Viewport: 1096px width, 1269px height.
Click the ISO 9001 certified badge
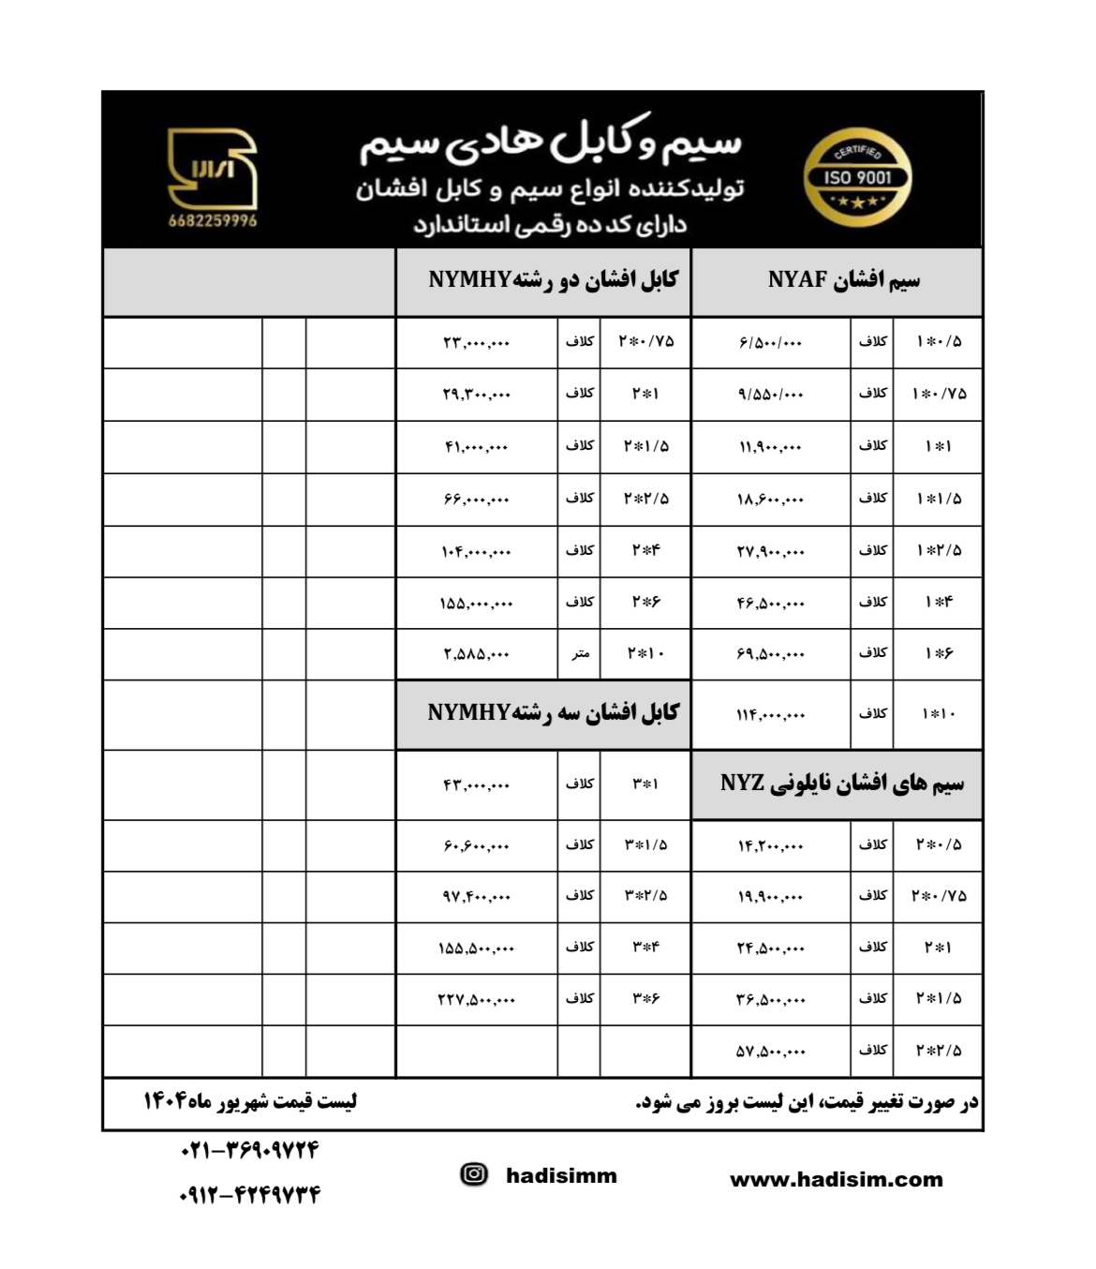857,178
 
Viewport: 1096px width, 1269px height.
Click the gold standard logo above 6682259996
212,169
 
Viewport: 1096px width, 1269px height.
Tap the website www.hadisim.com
836,1180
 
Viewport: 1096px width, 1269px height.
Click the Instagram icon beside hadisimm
475,1174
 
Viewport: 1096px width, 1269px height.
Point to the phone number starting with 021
249,1149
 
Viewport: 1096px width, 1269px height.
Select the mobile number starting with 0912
249,1195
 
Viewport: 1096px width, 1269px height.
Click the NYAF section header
842,280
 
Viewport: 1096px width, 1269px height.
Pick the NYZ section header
841,784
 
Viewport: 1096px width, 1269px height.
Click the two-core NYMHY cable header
553,280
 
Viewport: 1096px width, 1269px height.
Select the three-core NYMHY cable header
553,713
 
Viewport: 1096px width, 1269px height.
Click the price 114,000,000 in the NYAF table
770,715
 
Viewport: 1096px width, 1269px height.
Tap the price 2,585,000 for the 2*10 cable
477,654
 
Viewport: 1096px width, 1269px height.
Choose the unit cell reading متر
580,654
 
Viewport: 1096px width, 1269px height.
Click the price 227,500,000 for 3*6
477,1000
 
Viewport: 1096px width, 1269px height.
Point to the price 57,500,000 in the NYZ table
770,1052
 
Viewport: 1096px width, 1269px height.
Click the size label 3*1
644,784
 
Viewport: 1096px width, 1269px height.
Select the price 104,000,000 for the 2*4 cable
477,551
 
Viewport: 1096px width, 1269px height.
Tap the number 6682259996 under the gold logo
213,221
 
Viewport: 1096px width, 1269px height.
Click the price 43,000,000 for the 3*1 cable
477,784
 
